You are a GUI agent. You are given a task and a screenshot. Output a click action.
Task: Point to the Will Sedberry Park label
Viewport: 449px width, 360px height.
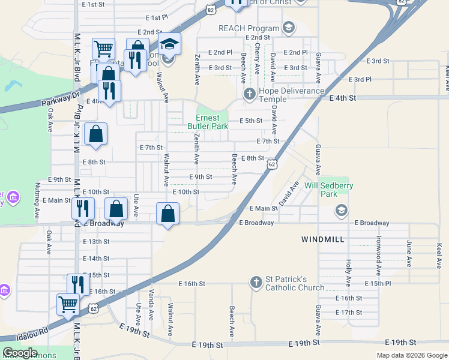(328, 190)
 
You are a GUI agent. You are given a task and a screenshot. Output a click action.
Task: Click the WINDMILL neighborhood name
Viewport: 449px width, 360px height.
(322, 239)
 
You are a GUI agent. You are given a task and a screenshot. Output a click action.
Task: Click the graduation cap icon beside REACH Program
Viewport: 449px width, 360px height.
(289, 28)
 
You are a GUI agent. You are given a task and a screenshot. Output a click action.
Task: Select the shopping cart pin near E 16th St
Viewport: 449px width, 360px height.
(68, 304)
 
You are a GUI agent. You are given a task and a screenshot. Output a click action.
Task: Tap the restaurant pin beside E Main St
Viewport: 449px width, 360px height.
(83, 208)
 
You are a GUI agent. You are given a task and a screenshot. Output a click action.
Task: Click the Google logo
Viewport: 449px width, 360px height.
(20, 353)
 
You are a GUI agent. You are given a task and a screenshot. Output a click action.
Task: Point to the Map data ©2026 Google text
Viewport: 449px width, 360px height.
(411, 355)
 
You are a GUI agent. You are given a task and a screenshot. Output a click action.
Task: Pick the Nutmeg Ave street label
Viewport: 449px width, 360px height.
(37, 200)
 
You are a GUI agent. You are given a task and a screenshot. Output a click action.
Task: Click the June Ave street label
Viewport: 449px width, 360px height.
(409, 254)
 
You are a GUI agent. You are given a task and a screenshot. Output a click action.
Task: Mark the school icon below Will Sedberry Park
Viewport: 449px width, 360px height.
(341, 209)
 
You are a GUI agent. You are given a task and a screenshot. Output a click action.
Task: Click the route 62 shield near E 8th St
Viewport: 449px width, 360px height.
(273, 164)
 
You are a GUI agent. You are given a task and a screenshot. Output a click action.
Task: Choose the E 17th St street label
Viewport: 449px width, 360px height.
(349, 313)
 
